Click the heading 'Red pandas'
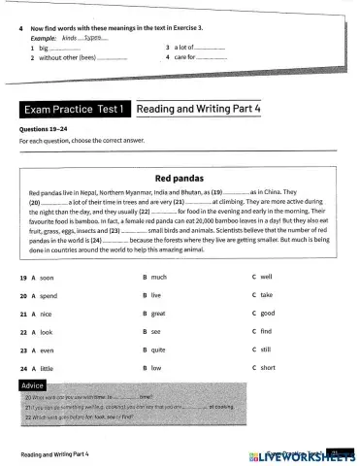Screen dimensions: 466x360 180,179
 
